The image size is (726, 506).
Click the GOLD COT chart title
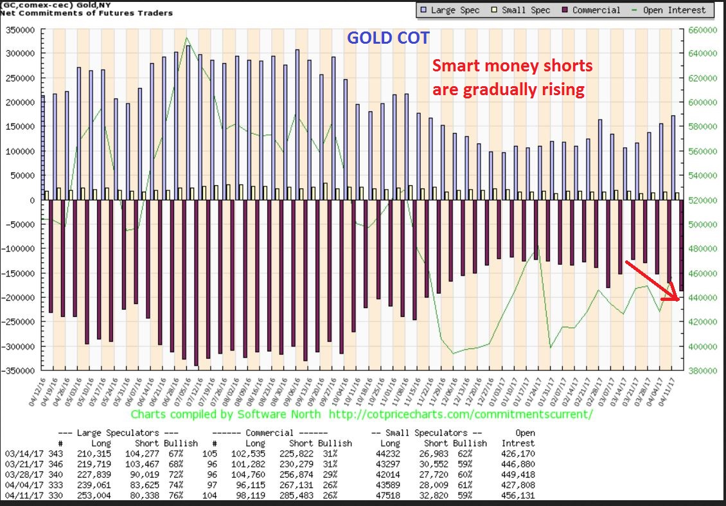click(388, 38)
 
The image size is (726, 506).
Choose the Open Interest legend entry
click(675, 10)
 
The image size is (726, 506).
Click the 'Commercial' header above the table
click(269, 433)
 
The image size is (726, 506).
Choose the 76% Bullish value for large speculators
click(172, 495)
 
